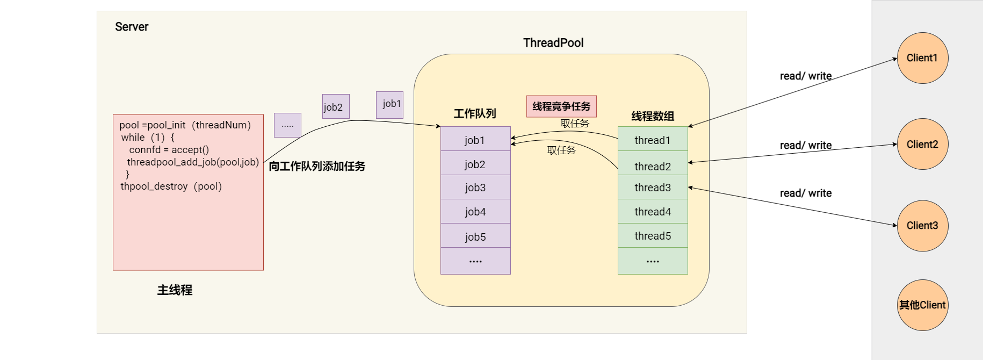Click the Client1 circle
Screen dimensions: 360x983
pos(922,58)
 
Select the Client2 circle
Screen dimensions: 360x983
pos(922,144)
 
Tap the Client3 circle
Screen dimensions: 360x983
pos(922,226)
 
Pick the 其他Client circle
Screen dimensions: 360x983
pos(922,305)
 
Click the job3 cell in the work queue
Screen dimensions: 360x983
pos(475,188)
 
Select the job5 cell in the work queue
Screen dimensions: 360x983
pos(475,236)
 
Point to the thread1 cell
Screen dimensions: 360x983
pos(653,140)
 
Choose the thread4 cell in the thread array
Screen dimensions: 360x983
pos(653,212)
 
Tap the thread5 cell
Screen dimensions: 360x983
pos(653,236)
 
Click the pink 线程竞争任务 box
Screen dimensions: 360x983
pos(561,106)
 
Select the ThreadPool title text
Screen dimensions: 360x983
pos(553,43)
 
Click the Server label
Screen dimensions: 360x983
pos(132,27)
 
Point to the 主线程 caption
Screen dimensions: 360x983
pos(175,290)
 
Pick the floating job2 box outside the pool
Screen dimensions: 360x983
pos(336,106)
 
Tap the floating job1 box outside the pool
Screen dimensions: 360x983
pos(390,104)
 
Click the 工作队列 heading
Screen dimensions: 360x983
pos(475,113)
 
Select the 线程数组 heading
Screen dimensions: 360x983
pos(653,116)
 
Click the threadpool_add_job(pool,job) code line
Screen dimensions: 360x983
pos(193,162)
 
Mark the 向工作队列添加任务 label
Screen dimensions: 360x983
pos(317,167)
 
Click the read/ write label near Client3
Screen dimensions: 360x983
pos(806,193)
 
